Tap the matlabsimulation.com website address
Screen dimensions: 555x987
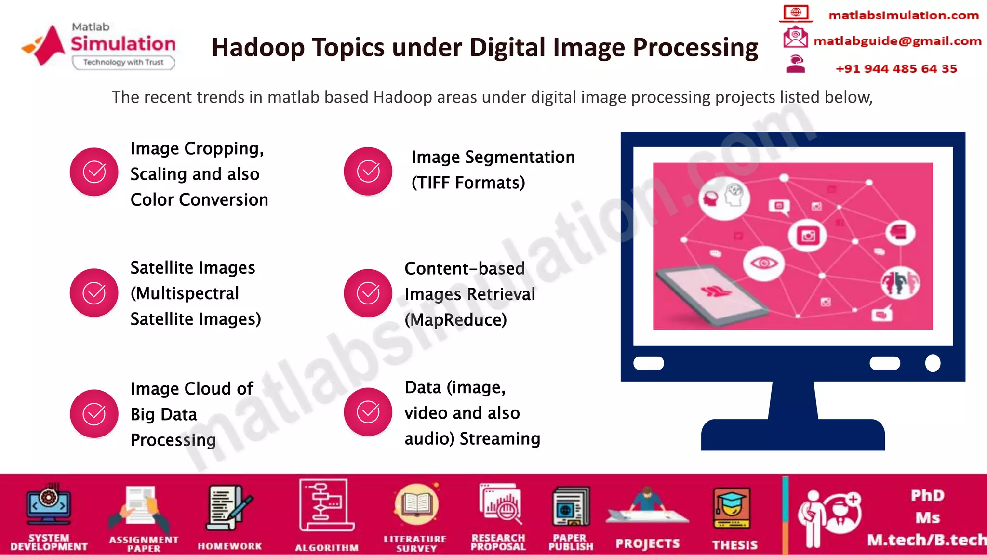(x=903, y=15)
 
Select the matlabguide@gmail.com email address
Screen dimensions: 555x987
(x=897, y=41)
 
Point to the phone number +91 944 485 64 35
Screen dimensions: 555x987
(x=896, y=69)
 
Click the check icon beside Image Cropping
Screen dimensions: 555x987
(x=94, y=172)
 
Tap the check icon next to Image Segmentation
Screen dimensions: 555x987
(x=368, y=172)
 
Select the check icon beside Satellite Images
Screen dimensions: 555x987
(x=94, y=293)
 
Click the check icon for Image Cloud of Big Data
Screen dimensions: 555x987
(x=94, y=414)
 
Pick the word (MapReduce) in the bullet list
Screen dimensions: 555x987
(x=455, y=320)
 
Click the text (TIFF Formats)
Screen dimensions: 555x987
(x=468, y=183)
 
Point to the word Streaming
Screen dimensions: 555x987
(x=499, y=439)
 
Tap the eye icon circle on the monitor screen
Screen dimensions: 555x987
(x=764, y=263)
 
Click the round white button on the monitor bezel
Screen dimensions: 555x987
(x=933, y=363)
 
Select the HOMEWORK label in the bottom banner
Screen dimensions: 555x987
(x=229, y=546)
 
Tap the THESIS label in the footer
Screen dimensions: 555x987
(x=734, y=545)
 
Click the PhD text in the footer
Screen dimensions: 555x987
(x=927, y=495)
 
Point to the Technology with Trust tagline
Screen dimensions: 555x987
(x=123, y=62)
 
